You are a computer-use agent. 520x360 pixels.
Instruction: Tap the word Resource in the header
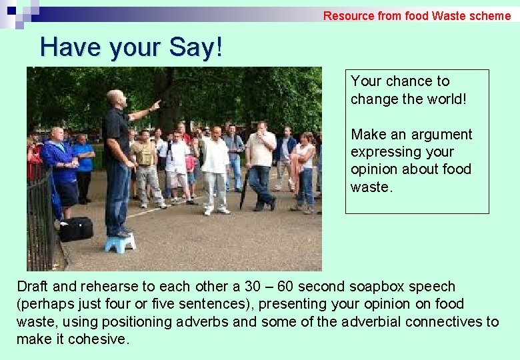click(349, 15)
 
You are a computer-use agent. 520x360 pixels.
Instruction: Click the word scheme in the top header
click(489, 15)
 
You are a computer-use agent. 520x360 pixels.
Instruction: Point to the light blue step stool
click(120, 243)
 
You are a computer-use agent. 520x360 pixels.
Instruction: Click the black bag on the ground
click(75, 229)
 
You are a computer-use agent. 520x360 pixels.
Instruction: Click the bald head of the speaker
click(115, 97)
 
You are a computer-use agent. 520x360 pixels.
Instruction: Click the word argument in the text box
click(442, 135)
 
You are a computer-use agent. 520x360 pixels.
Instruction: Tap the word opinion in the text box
click(373, 169)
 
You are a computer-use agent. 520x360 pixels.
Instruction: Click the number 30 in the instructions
click(253, 287)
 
